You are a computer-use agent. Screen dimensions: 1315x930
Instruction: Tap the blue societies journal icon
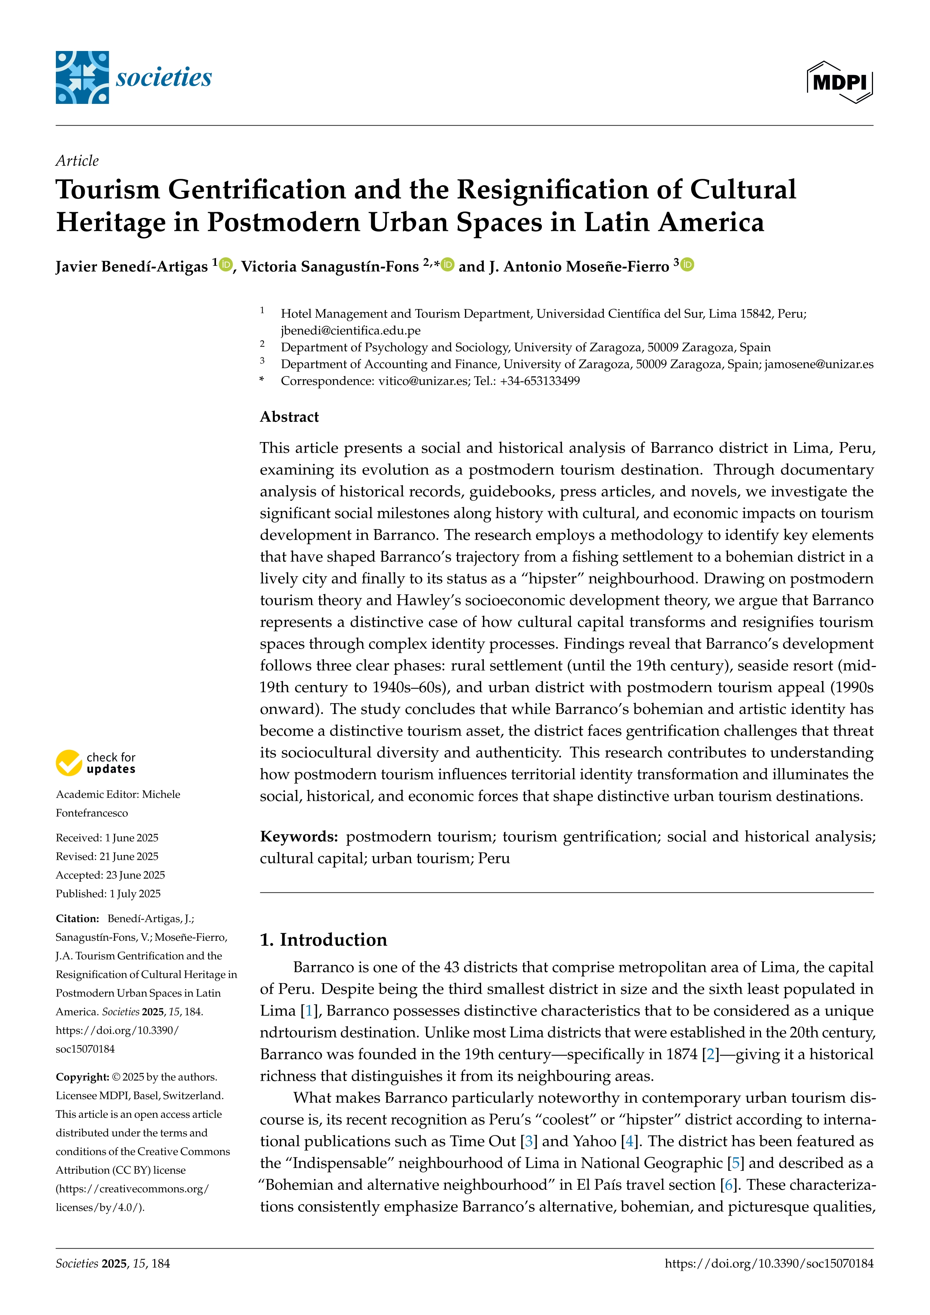click(82, 77)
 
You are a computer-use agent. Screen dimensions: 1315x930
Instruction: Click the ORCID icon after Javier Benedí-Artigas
click(226, 265)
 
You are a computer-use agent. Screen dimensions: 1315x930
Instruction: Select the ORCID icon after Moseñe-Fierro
click(687, 265)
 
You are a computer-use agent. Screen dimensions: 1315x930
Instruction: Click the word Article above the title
click(77, 160)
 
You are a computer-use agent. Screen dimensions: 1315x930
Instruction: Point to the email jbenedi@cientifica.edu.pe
click(351, 330)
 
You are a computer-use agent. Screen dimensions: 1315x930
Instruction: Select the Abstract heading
click(289, 417)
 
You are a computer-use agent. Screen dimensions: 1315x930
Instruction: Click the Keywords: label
click(299, 837)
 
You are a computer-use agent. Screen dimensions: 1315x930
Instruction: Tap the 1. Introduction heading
click(324, 940)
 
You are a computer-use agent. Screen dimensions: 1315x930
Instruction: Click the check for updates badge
click(96, 763)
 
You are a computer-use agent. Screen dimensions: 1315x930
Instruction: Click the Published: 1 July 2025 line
click(108, 894)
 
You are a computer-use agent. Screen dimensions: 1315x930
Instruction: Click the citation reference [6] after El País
click(728, 1185)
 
